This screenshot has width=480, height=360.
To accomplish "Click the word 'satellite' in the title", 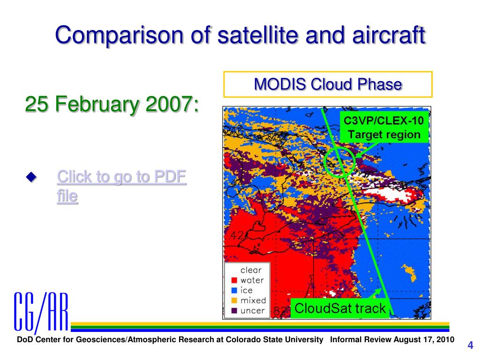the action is pyautogui.click(x=258, y=35).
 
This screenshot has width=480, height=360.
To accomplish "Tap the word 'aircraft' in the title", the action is pyautogui.click(x=389, y=35).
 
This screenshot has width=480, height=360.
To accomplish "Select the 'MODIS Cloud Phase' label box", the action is pyautogui.click(x=328, y=84).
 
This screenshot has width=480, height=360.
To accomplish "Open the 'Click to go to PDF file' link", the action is pyautogui.click(x=121, y=186).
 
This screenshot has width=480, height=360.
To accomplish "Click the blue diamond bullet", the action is pyautogui.click(x=31, y=177).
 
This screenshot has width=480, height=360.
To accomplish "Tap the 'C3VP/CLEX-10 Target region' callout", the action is pyautogui.click(x=384, y=127).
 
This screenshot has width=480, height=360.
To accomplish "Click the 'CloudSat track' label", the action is pyautogui.click(x=340, y=308).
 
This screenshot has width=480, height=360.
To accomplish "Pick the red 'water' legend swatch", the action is pyautogui.click(x=234, y=280).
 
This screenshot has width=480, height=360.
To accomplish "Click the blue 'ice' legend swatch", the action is pyautogui.click(x=234, y=290).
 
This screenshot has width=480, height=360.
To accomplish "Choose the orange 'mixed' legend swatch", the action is pyautogui.click(x=234, y=300).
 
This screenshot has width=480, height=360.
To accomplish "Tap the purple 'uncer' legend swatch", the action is pyautogui.click(x=234, y=310).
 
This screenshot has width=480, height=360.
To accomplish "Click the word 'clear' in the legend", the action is pyautogui.click(x=251, y=270).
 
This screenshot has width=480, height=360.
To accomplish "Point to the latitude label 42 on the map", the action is pyautogui.click(x=237, y=235).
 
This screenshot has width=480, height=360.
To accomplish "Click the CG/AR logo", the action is pyautogui.click(x=41, y=312).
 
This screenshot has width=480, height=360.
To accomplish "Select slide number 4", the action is pyautogui.click(x=470, y=345).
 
